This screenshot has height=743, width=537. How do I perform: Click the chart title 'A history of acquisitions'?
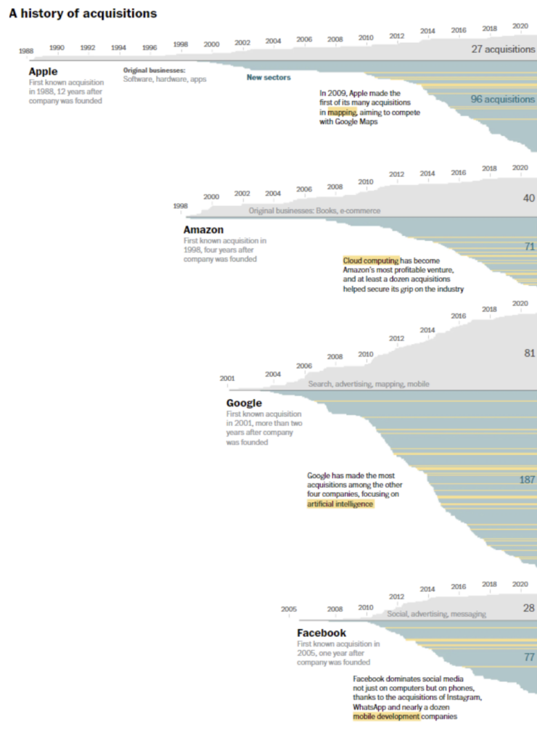[83, 14]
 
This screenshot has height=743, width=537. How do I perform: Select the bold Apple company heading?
[44, 72]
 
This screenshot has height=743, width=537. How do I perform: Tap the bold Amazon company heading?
[203, 230]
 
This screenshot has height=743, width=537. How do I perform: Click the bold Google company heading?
[244, 403]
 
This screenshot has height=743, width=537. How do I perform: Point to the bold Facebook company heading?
[321, 633]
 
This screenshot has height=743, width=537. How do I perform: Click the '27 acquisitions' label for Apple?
[503, 49]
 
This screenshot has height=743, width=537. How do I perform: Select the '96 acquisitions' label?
[502, 99]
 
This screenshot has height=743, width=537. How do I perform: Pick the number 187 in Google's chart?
[527, 480]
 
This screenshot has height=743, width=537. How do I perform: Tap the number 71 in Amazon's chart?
[529, 247]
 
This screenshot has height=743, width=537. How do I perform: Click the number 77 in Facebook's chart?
[529, 657]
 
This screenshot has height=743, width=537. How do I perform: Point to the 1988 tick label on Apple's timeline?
[26, 52]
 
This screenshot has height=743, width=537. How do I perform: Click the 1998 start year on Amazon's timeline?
[181, 206]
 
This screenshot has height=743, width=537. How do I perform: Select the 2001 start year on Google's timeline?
[227, 378]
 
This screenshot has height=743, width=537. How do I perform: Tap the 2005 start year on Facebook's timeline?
[289, 609]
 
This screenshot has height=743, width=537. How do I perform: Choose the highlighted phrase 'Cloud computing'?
[371, 260]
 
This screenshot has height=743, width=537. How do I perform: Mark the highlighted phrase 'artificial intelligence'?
[340, 503]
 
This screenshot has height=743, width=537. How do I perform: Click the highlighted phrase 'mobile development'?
[386, 716]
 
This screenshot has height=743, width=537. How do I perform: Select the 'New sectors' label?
[268, 77]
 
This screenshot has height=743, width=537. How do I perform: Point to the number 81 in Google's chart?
[529, 353]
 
